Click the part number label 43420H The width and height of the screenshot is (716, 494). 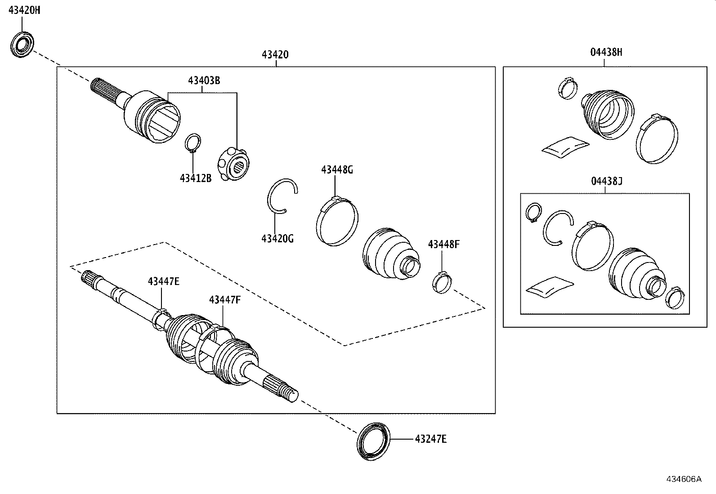coord(25,10)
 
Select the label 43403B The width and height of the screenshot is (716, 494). coord(204,81)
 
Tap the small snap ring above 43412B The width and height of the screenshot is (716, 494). coord(193,143)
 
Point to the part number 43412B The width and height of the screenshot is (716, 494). coord(196,178)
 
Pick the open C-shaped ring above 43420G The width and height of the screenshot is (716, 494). coord(282,196)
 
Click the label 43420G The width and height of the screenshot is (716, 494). coord(277,239)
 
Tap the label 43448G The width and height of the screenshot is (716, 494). coord(337,170)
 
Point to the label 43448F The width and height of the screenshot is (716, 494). coord(444,245)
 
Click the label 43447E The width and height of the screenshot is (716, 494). coord(164,281)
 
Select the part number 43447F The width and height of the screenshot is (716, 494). coord(224,300)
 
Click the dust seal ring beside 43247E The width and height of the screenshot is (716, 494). coord(374,441)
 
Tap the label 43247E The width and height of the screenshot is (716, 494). coord(430,439)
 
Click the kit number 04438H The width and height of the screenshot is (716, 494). coord(606,52)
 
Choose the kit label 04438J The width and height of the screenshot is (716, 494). coord(606,181)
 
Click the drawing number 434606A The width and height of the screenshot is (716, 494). coord(684,479)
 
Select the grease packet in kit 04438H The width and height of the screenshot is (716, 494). coord(566,147)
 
